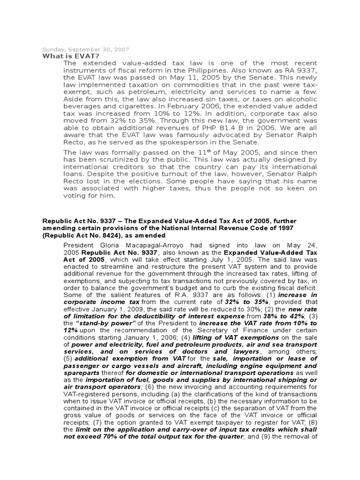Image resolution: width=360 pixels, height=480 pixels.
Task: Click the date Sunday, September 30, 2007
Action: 86,49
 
